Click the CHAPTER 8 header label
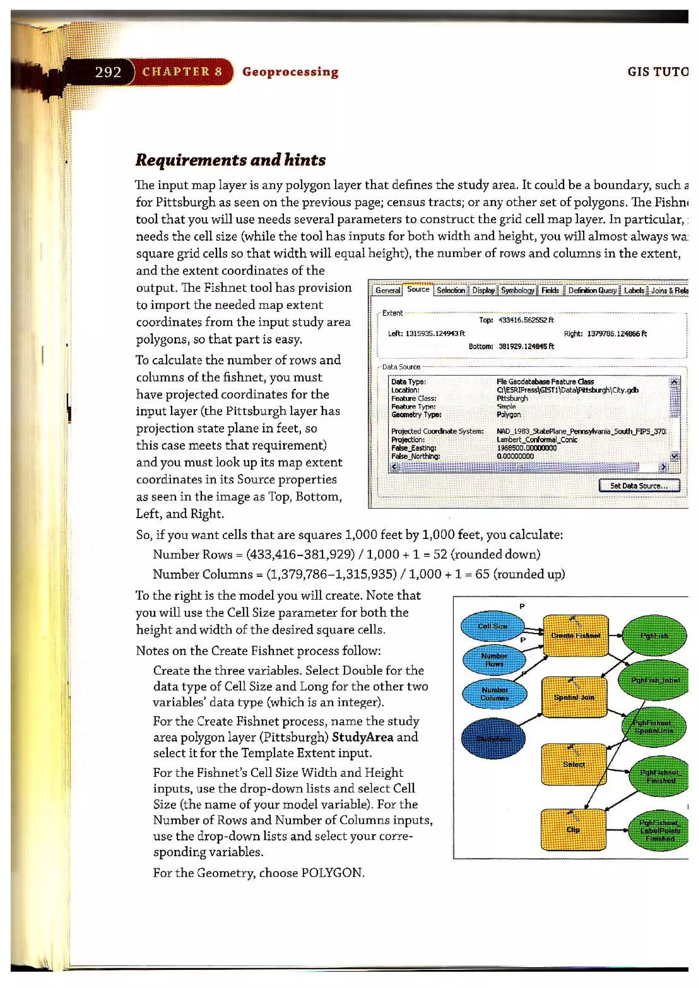[182, 72]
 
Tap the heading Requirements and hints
[230, 160]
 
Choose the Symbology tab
[517, 290]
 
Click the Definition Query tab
[592, 290]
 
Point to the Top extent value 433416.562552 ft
[526, 320]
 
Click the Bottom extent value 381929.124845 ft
[526, 346]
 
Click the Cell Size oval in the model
[493, 626]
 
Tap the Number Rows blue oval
[494, 660]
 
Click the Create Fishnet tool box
[575, 636]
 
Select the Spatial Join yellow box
[574, 698]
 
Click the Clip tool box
[573, 830]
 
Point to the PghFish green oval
[654, 636]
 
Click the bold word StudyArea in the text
[362, 737]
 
